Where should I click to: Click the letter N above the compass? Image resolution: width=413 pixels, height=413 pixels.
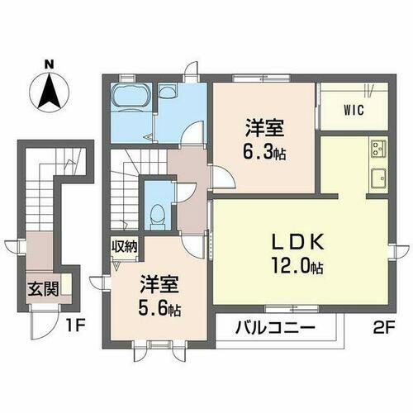coord(49,63)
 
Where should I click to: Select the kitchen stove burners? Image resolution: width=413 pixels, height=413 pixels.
coord(378,149)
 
